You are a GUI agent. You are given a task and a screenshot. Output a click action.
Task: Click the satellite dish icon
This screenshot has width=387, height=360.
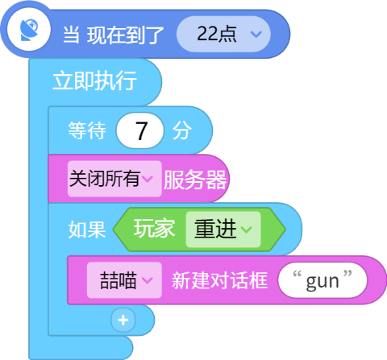[29, 30]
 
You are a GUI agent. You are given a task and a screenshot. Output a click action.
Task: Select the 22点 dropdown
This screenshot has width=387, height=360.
[223, 34]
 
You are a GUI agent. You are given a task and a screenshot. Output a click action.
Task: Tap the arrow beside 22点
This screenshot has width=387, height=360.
[256, 34]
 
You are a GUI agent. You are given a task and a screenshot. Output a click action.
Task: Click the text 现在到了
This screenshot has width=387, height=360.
[125, 35]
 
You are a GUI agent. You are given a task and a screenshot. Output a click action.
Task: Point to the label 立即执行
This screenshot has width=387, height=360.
[94, 81]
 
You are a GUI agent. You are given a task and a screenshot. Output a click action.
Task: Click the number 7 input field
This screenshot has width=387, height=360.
[140, 130]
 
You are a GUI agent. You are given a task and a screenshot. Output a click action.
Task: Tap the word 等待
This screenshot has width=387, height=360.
[87, 130]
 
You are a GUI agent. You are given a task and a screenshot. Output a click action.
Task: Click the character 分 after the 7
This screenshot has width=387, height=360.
[182, 130]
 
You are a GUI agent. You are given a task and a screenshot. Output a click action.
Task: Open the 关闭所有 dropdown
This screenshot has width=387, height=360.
[114, 179]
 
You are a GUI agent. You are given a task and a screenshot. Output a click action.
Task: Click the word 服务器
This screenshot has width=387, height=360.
[195, 180]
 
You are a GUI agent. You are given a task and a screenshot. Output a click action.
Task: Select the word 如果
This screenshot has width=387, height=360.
[87, 230]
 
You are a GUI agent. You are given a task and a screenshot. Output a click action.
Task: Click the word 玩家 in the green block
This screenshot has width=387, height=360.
[154, 229]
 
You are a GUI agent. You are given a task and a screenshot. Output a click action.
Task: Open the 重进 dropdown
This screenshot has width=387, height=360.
[223, 230]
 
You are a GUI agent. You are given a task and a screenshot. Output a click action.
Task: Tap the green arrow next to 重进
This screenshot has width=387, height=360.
[246, 229]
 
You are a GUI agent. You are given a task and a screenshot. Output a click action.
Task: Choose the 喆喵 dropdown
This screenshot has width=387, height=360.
[124, 280]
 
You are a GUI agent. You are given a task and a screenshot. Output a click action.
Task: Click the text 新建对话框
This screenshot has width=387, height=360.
[219, 280]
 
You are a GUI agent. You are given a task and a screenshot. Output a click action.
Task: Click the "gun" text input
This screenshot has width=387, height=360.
[322, 280]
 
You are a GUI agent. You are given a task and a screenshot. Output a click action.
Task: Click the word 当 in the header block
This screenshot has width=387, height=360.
[71, 35]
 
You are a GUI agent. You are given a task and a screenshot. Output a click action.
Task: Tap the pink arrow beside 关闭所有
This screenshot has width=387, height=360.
[148, 179]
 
